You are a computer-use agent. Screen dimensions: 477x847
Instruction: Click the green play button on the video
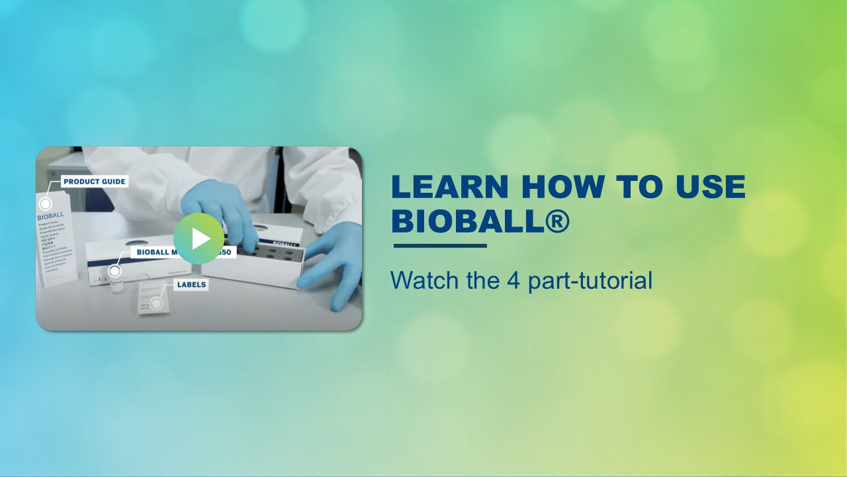pos(199,238)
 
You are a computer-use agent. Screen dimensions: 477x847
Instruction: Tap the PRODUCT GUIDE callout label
pos(94,181)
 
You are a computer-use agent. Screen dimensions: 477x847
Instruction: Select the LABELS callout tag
pos(191,284)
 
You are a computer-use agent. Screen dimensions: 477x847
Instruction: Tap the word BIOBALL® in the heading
pos(480,221)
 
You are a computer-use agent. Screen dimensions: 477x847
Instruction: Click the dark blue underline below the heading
pos(440,246)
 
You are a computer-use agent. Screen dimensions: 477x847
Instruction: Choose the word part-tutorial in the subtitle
pos(590,280)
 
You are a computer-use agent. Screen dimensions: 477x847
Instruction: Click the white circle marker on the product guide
pos(46,204)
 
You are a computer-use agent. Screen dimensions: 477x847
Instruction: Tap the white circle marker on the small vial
pos(115,271)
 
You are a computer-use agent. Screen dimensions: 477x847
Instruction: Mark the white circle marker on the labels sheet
pos(156,303)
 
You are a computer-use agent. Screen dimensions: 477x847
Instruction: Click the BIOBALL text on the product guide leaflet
pos(50,216)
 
